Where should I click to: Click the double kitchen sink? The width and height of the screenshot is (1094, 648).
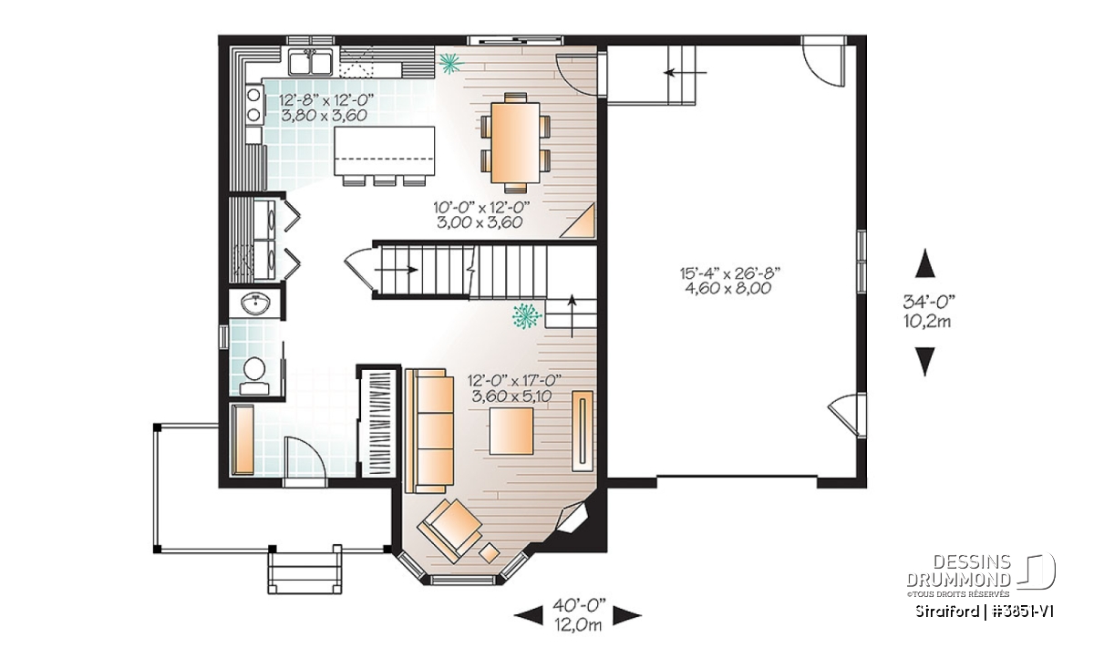(310, 63)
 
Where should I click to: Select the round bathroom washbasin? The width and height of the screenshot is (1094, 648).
(255, 303)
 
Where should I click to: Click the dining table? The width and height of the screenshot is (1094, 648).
(515, 142)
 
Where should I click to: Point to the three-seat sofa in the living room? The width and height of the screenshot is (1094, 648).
(429, 431)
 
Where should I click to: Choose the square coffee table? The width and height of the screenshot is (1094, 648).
(511, 431)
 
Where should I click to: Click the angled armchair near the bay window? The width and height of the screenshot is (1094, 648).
(449, 530)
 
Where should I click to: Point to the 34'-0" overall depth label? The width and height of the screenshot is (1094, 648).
(928, 303)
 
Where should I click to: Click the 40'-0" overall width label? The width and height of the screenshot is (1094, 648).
(579, 606)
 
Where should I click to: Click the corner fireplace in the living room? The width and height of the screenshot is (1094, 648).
(573, 518)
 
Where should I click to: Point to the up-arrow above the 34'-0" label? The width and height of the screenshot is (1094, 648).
(925, 263)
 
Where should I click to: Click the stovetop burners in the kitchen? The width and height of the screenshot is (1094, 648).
(254, 105)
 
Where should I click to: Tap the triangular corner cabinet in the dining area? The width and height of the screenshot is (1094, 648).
(580, 222)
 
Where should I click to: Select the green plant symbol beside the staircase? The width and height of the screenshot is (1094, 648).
(527, 316)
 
